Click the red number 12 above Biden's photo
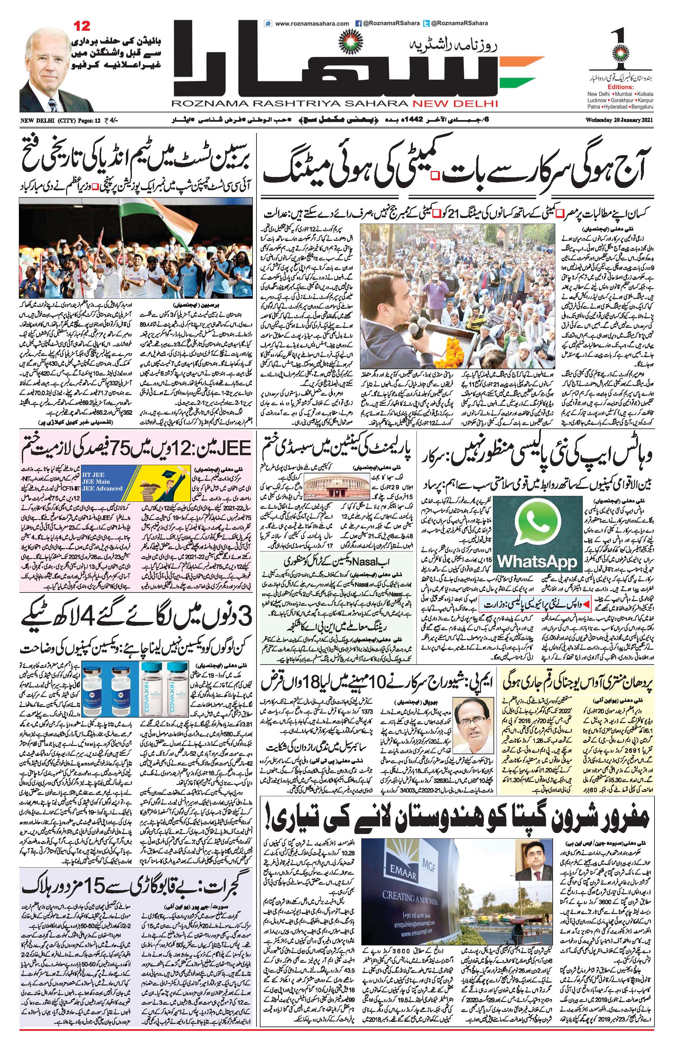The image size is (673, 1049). point(81,26)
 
